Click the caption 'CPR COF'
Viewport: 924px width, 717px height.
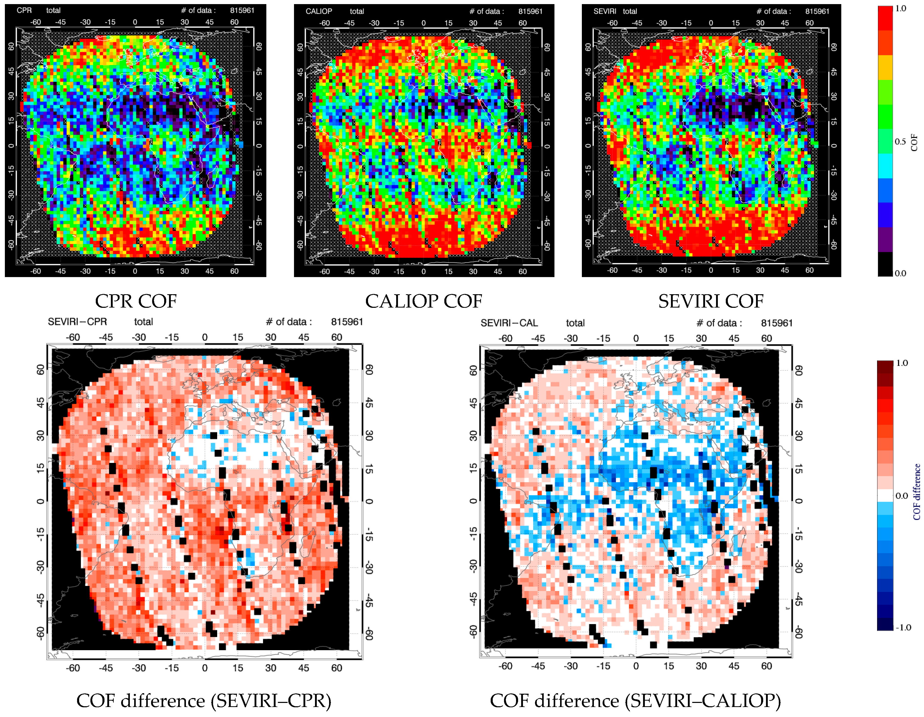coord(135,301)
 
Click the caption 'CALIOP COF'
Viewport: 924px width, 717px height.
coord(424,301)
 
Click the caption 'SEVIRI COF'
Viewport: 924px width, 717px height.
coord(711,301)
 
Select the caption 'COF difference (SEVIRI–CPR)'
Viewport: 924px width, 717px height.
coord(204,701)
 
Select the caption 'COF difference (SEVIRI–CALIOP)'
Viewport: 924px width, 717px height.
coord(635,701)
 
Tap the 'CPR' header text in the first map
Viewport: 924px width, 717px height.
coord(24,10)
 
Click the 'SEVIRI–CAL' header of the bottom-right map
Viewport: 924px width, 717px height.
coord(509,323)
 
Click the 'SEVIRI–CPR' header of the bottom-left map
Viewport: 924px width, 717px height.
coord(77,322)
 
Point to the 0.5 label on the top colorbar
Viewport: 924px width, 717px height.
coord(900,142)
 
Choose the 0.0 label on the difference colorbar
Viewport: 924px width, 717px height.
coord(901,496)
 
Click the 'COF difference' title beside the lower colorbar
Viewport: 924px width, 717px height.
coord(916,492)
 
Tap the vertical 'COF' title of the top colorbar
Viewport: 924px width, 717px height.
coord(914,143)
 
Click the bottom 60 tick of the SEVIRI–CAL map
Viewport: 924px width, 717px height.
coord(766,666)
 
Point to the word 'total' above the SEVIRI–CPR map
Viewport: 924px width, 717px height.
coord(143,322)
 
